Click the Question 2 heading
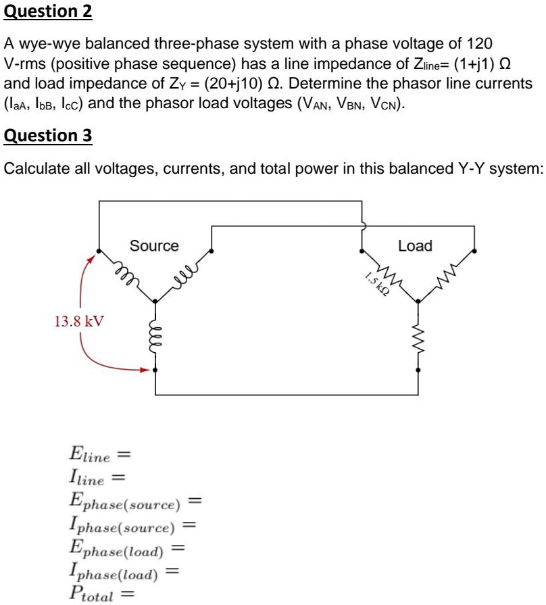[48, 11]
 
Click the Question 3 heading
[48, 136]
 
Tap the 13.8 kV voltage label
[80, 320]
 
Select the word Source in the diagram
[154, 246]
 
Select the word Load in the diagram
[415, 246]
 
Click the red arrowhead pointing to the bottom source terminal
[144, 370]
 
